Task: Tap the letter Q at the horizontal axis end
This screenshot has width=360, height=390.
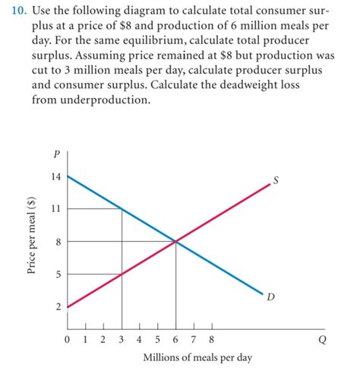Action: pos(322,340)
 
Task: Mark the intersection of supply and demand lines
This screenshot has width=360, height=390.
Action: pos(176,242)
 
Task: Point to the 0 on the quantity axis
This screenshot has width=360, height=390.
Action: pos(68,340)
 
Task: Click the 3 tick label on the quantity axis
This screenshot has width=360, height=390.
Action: pos(122,340)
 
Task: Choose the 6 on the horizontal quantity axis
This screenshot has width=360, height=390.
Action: pos(175,340)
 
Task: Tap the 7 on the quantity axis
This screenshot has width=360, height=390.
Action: pos(194,340)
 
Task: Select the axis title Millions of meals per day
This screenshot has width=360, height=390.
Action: pos(197,357)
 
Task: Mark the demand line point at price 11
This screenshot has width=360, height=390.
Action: pos(122,208)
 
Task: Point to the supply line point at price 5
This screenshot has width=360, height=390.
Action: pos(122,274)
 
